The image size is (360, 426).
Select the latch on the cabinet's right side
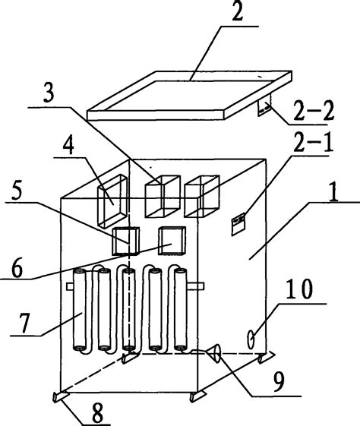pyautogui.click(x=238, y=221)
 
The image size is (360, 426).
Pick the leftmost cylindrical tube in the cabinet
pyautogui.click(x=80, y=309)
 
